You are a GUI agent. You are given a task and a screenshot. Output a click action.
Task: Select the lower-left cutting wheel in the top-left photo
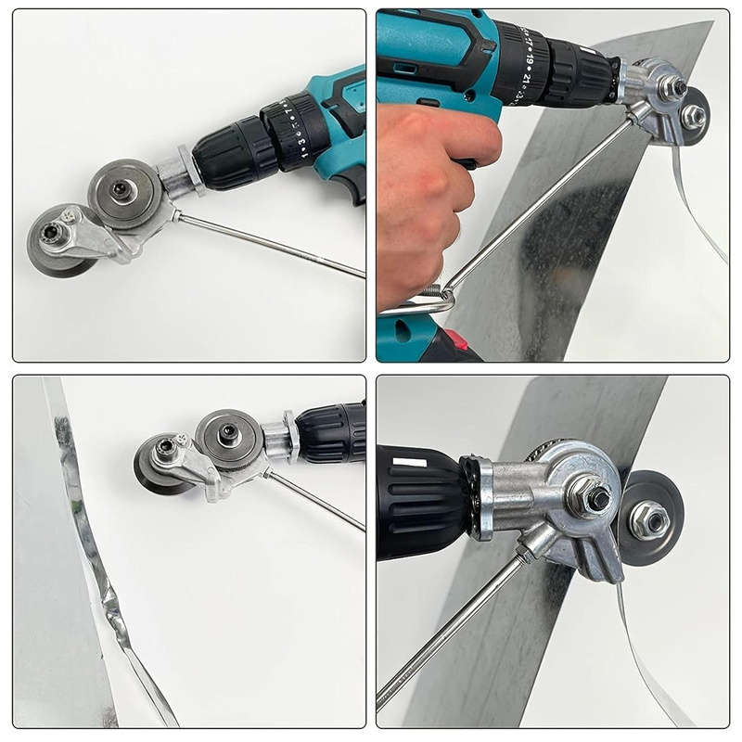click(56, 239)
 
